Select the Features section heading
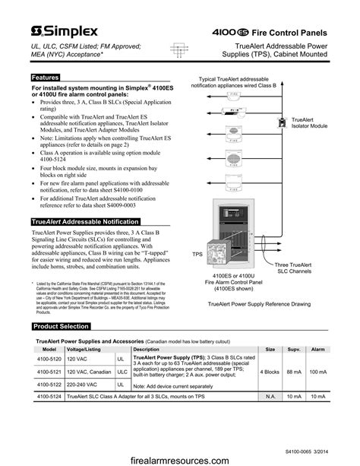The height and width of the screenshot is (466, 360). pyautogui.click(x=46, y=78)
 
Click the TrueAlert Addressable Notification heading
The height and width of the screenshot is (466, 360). pyautogui.click(x=84, y=220)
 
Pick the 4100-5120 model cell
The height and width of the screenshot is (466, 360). pyautogui.click(x=49, y=357)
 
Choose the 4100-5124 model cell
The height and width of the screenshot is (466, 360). pyautogui.click(x=49, y=396)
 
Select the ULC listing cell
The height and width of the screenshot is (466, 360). pyautogui.click(x=122, y=372)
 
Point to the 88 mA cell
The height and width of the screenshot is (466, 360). pyautogui.click(x=293, y=372)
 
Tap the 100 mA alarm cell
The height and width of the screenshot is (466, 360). pyautogui.click(x=318, y=372)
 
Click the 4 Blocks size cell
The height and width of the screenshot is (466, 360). pyautogui.click(x=270, y=372)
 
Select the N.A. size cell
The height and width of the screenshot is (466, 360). pyautogui.click(x=270, y=396)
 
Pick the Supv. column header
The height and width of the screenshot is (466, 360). pyautogui.click(x=293, y=348)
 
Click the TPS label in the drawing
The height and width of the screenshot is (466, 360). pyautogui.click(x=197, y=254)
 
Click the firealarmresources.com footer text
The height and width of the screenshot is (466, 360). pyautogui.click(x=180, y=459)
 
